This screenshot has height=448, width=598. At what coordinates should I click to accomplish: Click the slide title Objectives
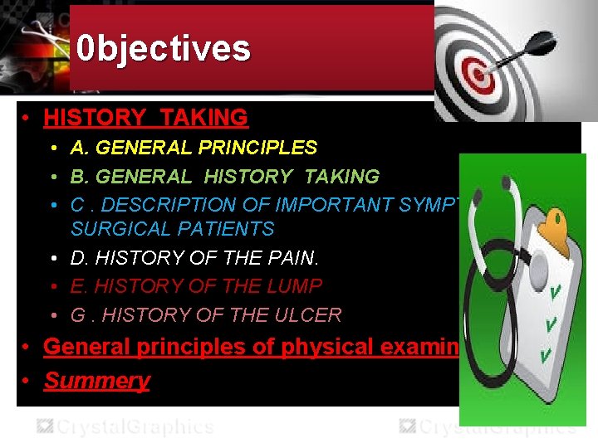163,48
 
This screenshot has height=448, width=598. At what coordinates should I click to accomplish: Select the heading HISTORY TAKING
146,118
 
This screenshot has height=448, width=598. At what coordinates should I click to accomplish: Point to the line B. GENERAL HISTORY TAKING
224,176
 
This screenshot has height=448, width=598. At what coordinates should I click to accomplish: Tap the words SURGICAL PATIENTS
172,228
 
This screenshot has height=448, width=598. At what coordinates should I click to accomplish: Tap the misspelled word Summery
96,381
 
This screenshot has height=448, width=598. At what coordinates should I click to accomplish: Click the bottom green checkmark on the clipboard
547,355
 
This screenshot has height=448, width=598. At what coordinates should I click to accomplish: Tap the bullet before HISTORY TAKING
27,119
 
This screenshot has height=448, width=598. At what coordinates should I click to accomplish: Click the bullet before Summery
27,382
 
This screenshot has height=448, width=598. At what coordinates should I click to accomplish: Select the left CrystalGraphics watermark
124,427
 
